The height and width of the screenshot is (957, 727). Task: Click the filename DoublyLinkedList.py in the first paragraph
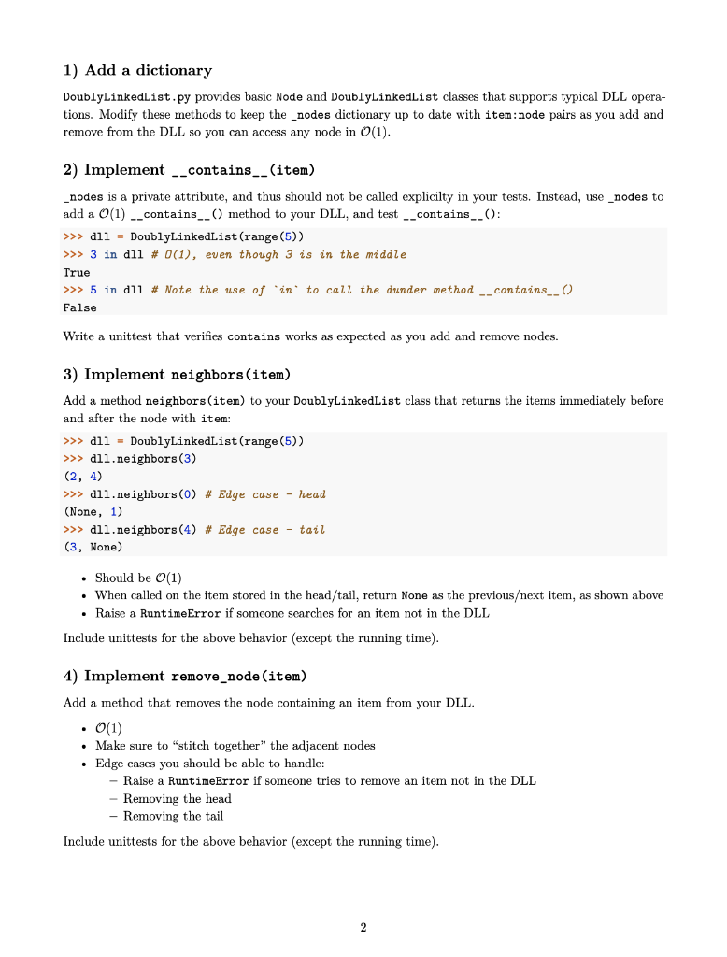click(126, 97)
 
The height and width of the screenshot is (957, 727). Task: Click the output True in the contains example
click(77, 273)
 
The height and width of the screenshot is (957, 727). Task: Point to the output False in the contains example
click(79, 307)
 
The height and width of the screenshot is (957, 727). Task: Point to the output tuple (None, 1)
click(93, 512)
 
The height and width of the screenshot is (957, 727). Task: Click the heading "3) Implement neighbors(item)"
click(177, 375)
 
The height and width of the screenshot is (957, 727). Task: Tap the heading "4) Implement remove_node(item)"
click(184, 676)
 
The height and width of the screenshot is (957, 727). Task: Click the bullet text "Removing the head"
click(177, 798)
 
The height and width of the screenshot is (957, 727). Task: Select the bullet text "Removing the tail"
click(173, 816)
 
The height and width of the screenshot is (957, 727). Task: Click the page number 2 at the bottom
click(363, 927)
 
